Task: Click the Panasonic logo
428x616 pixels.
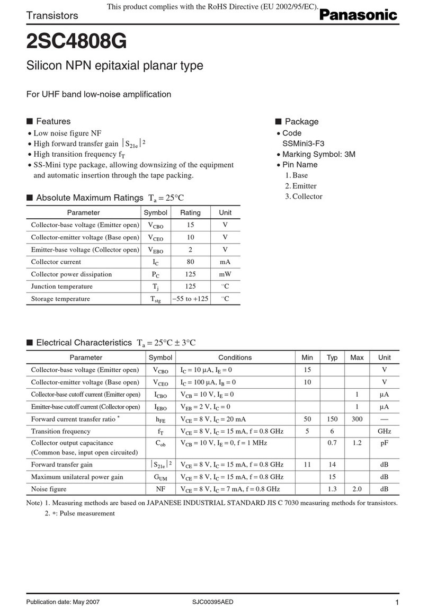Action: pyautogui.click(x=358, y=15)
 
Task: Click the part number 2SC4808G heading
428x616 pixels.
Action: pyautogui.click(x=76, y=40)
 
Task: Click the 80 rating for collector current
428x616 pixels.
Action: pyautogui.click(x=190, y=262)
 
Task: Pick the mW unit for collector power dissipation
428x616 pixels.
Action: pyautogui.click(x=225, y=274)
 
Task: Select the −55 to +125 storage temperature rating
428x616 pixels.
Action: pyautogui.click(x=190, y=299)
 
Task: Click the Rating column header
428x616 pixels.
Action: pyautogui.click(x=190, y=212)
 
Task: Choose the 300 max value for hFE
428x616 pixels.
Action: pyautogui.click(x=356, y=419)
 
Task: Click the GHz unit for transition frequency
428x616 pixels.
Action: pyautogui.click(x=384, y=431)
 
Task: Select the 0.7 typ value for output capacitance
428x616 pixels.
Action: pyautogui.click(x=332, y=442)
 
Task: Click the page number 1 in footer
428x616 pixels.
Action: pyautogui.click(x=397, y=603)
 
